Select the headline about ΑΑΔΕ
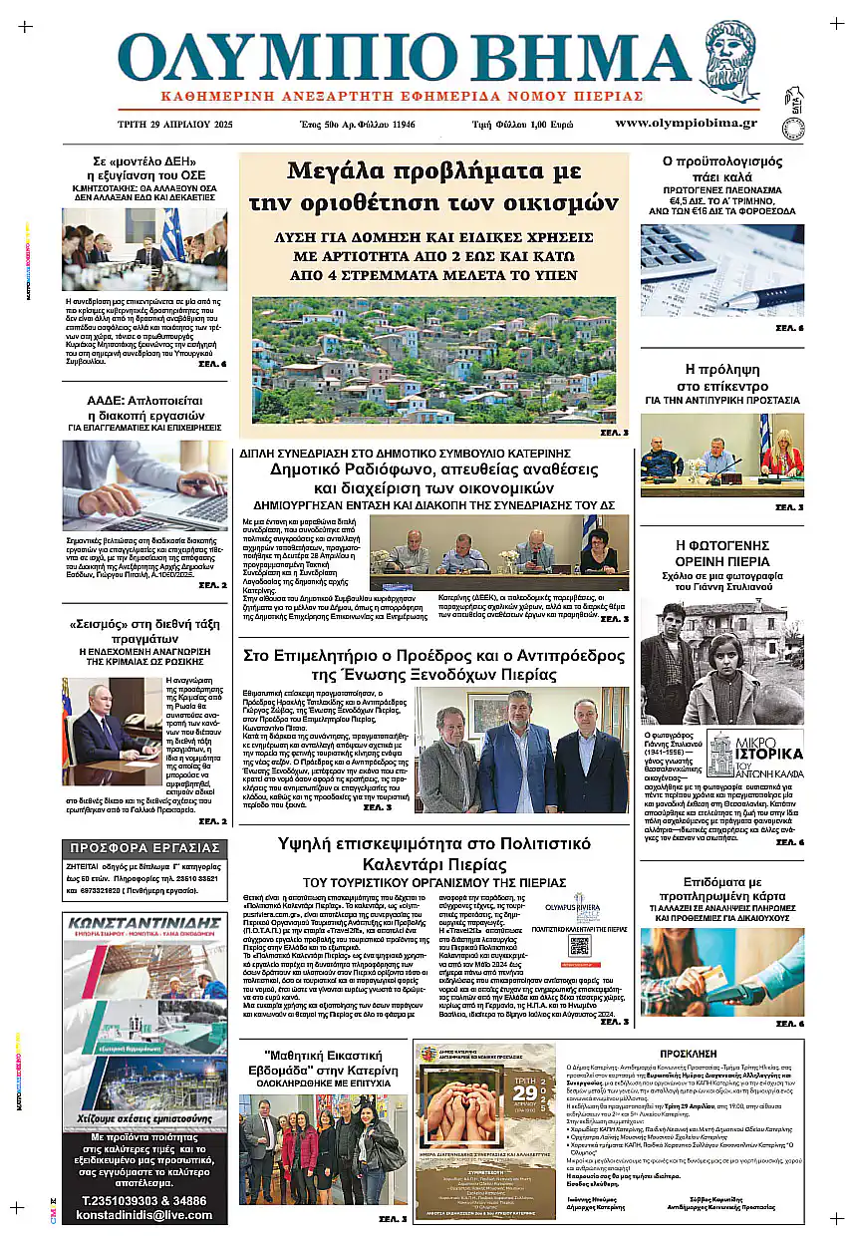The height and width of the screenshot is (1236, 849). coord(144,409)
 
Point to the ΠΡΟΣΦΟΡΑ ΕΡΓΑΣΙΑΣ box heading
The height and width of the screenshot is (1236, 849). coord(144,848)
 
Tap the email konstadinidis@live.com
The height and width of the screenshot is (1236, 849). coord(144,1215)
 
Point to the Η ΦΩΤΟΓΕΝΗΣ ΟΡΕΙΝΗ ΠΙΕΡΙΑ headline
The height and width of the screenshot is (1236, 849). coord(721,552)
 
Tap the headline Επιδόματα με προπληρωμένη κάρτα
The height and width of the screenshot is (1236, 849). coord(721,889)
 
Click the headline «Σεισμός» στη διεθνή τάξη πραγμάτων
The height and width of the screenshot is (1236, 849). coord(144,632)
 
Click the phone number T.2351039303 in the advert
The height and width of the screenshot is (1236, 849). coord(144,1200)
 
